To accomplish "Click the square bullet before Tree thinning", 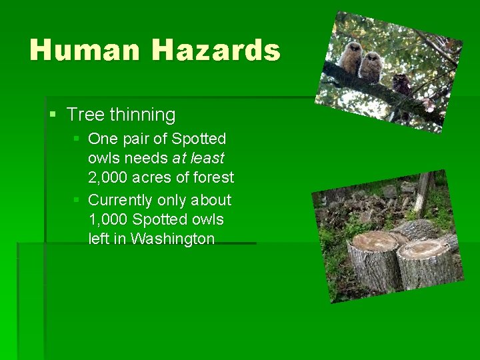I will point(53,115).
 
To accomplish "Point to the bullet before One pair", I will point(77,139).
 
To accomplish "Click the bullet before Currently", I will point(77,200).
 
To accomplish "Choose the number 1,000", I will point(108,219).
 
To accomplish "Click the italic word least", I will point(207,158).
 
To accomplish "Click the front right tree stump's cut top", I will point(424,250).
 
